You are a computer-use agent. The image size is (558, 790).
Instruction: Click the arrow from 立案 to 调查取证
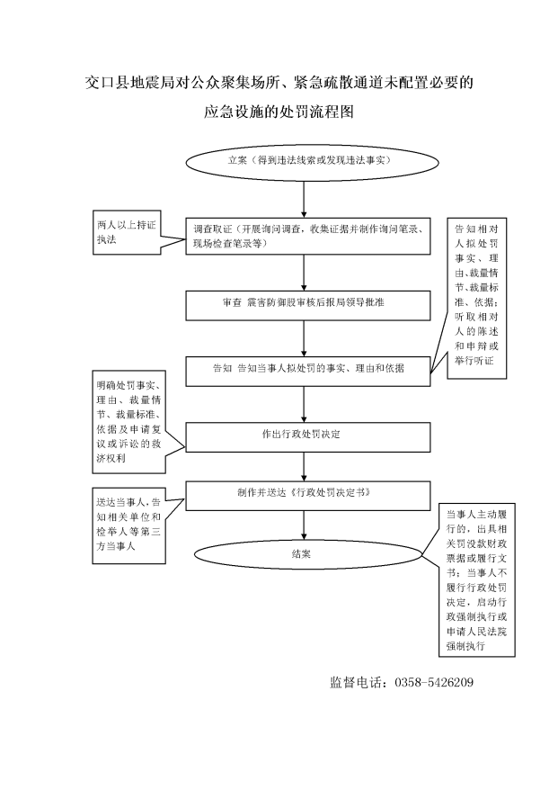[x=304, y=200]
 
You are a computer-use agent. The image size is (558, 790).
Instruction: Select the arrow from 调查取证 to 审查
[x=304, y=273]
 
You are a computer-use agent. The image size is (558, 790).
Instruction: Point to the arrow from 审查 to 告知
[x=304, y=338]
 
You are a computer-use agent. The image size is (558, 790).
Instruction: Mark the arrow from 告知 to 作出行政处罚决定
[x=304, y=404]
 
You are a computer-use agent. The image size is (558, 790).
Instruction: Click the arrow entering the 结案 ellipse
[x=304, y=525]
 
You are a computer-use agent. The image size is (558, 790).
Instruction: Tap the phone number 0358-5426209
[x=434, y=683]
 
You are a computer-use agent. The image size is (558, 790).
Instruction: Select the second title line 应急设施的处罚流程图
[x=279, y=112]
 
